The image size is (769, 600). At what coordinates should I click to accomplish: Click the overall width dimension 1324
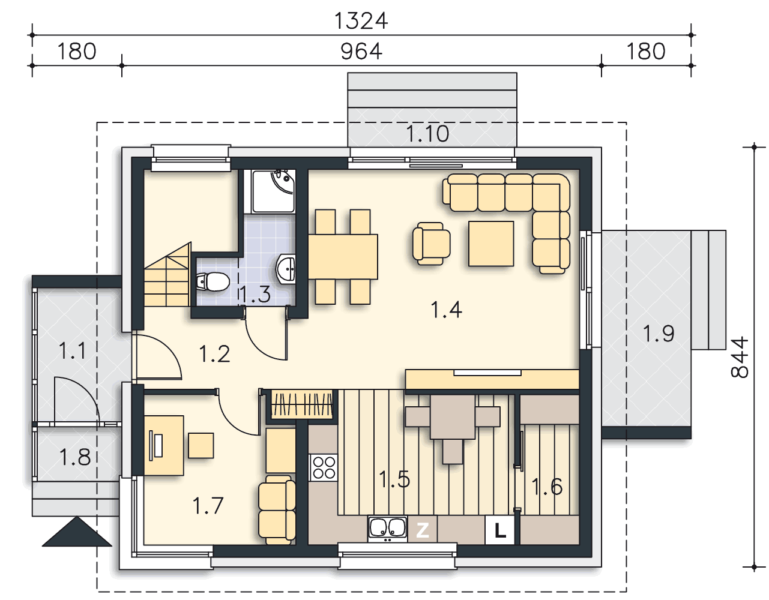[361, 21]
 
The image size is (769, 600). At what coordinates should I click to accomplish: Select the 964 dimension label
[361, 52]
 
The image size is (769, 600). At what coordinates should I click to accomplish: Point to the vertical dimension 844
[740, 357]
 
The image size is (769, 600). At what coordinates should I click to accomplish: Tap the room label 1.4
[446, 310]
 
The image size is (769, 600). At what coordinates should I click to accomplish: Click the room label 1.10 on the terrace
[427, 134]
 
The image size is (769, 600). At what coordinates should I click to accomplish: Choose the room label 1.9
[659, 334]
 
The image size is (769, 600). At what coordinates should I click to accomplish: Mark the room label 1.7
[208, 506]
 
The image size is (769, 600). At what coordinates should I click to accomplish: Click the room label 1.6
[547, 487]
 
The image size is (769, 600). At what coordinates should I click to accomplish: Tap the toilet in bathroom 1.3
[213, 281]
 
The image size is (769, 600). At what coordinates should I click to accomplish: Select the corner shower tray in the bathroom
[274, 191]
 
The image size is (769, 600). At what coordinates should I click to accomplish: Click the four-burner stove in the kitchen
[324, 467]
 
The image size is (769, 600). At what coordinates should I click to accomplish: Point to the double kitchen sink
[387, 529]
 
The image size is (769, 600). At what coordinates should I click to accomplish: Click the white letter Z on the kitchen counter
[423, 530]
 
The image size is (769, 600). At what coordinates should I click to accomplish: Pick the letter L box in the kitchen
[499, 530]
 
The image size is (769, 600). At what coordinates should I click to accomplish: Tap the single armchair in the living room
[431, 244]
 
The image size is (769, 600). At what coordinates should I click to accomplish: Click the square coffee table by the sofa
[491, 244]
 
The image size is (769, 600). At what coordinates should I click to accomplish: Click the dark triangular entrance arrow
[77, 533]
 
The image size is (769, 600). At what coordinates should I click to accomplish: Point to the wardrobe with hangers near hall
[302, 404]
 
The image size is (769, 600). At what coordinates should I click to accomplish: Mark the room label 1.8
[75, 458]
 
